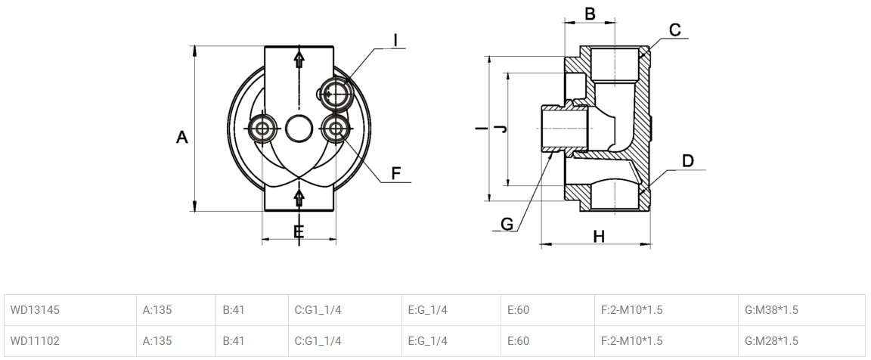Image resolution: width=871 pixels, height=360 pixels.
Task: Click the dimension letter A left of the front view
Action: point(181,138)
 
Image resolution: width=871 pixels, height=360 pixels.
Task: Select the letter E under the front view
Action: point(299,231)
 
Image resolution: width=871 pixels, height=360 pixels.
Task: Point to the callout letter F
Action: point(395,174)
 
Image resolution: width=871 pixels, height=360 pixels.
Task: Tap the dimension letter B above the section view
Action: point(590,14)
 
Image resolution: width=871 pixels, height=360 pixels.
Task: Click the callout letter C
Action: point(675,30)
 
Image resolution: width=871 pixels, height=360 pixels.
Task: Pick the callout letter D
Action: point(687,160)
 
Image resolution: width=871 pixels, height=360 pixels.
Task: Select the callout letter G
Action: point(507,224)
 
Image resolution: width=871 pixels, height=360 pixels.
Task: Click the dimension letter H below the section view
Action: point(599,237)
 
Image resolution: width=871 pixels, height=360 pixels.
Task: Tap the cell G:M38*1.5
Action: point(772,309)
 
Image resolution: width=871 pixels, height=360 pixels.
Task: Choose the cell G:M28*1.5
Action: point(772,341)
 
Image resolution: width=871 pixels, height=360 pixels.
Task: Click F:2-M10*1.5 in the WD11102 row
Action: point(631,341)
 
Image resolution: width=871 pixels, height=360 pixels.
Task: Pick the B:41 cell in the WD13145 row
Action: point(234,309)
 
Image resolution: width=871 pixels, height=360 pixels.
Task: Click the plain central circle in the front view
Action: point(299,129)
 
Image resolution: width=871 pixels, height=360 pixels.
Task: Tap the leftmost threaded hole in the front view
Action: point(262,129)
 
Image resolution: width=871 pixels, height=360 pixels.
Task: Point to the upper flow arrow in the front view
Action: point(299,61)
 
